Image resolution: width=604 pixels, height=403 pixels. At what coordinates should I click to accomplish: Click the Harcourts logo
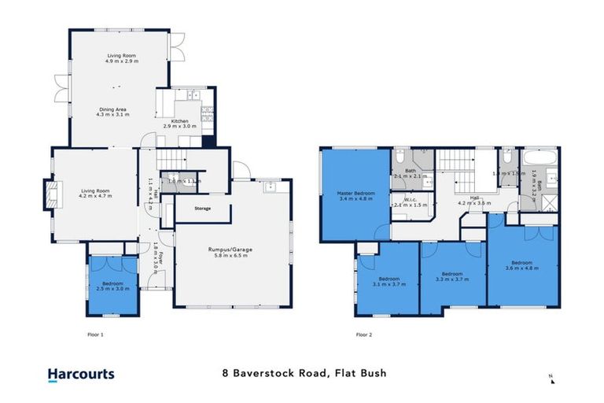[80, 376]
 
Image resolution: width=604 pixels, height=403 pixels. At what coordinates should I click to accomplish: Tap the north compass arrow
[551, 379]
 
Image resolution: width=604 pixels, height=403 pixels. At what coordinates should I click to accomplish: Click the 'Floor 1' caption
[94, 335]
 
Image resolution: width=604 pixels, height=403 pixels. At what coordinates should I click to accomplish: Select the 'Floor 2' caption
[364, 335]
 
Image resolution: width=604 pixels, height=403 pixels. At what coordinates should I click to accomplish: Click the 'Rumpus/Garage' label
[230, 250]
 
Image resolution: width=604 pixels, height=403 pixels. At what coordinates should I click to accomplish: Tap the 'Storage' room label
[203, 209]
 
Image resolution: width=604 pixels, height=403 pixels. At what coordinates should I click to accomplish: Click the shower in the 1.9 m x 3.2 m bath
[531, 201]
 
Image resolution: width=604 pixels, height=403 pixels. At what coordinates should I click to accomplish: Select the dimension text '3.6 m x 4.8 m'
[523, 269]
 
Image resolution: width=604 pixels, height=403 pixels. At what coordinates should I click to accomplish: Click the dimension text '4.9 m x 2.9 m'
[123, 61]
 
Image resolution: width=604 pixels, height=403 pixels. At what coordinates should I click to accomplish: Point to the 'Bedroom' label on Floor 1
[113, 283]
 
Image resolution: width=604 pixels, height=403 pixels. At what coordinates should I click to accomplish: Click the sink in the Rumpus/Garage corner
[271, 186]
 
